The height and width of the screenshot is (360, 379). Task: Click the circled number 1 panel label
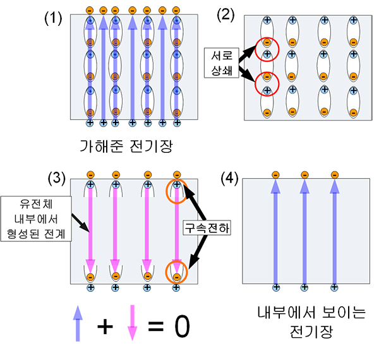(x=55, y=18)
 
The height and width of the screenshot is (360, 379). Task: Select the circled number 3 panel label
(x=57, y=179)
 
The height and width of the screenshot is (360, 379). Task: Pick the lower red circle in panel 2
(x=267, y=83)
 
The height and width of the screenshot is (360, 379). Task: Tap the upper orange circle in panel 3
(x=177, y=191)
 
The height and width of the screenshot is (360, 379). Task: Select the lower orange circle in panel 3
(x=177, y=272)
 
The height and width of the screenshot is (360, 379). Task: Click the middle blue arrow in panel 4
(x=304, y=230)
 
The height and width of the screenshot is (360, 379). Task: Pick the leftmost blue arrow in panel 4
(x=275, y=230)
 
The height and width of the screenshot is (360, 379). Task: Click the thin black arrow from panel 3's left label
(x=80, y=221)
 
